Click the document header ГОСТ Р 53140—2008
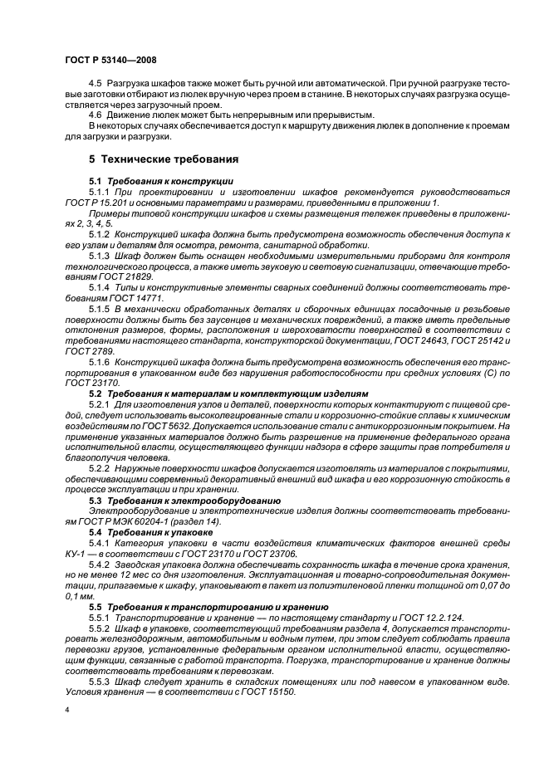110,61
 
